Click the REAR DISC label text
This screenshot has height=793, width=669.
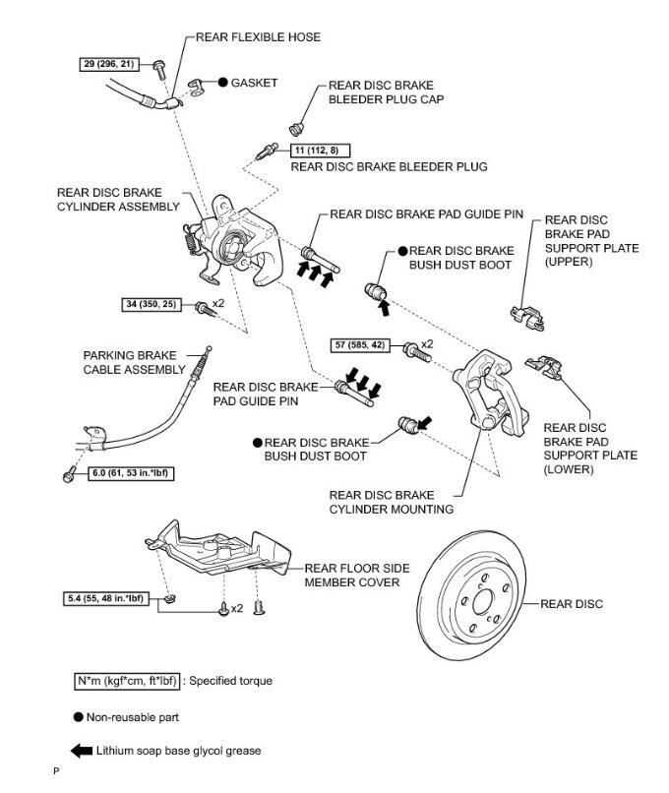572,603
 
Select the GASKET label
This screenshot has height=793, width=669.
255,83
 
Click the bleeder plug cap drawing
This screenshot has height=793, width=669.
295,127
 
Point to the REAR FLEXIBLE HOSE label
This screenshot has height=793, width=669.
259,36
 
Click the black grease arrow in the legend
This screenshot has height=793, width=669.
83,751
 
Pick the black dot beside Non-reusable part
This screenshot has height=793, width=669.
79,717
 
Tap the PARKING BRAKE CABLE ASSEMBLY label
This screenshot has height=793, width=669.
135,362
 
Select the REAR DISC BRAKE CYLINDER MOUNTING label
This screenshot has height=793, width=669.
392,503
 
